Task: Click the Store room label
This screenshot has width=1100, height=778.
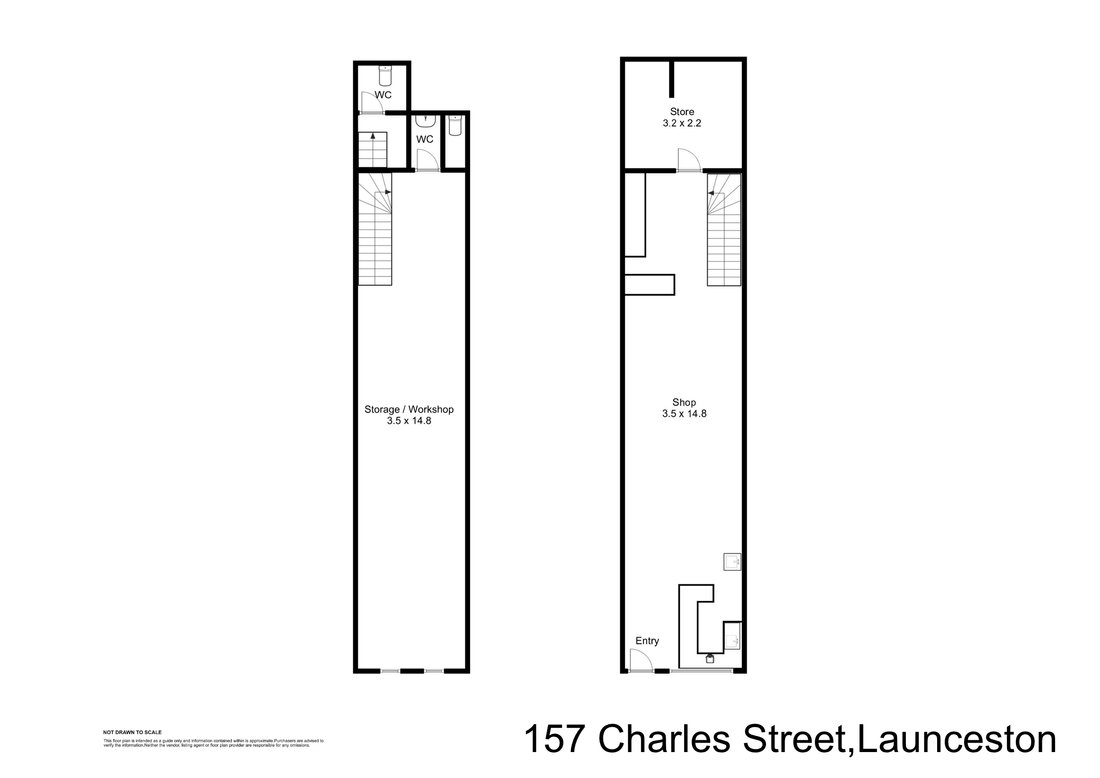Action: point(682,112)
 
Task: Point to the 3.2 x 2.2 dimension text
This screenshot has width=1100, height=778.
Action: point(682,123)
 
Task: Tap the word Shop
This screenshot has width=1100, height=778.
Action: point(684,402)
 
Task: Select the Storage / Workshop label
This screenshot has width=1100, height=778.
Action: point(409,409)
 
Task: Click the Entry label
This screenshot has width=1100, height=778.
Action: point(647,641)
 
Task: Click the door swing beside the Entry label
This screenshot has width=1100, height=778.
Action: point(640,660)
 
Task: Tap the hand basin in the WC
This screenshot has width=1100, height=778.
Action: point(425,120)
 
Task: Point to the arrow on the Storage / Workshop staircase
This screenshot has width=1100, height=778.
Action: point(387,192)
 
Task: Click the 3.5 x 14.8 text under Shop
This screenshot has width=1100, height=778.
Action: point(684,414)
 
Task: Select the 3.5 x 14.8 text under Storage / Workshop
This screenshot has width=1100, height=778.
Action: point(409,421)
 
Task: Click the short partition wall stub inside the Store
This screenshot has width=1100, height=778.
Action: point(672,79)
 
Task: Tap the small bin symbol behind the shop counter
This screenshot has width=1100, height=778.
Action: point(710,659)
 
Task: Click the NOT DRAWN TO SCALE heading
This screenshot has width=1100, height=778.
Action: point(132,733)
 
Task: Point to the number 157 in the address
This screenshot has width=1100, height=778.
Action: point(555,740)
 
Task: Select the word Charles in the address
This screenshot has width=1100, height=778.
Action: point(664,740)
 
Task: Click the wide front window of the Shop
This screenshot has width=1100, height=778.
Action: point(702,671)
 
